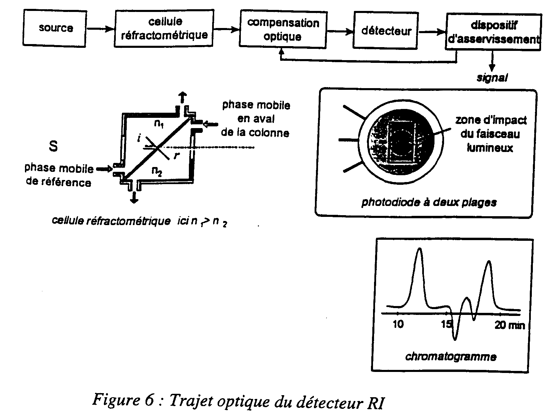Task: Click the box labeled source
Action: [x=56, y=28]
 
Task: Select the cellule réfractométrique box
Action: [x=164, y=28]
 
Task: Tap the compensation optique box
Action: [x=283, y=29]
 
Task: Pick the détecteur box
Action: [x=386, y=31]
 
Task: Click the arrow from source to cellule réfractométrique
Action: [x=100, y=29]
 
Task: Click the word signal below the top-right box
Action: [x=492, y=78]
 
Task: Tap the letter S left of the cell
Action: [x=53, y=146]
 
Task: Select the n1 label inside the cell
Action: [x=158, y=124]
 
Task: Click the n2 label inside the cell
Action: [x=157, y=171]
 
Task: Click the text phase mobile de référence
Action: [x=59, y=175]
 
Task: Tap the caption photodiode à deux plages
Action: [x=429, y=202]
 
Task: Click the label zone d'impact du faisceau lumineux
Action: [x=491, y=134]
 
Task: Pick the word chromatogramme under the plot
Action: [x=451, y=357]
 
